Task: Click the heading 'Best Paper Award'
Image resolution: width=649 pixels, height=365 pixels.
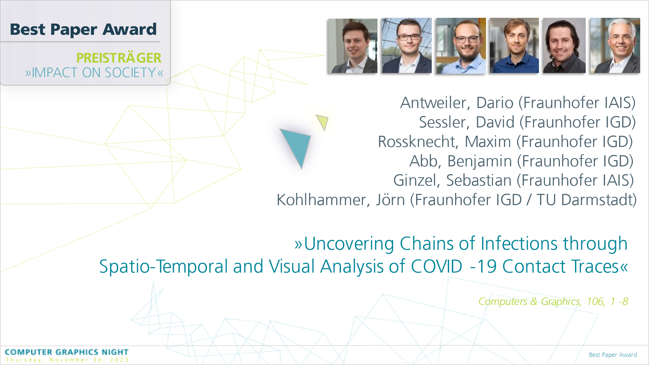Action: (x=83, y=30)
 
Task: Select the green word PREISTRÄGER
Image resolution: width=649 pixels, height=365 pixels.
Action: (x=119, y=57)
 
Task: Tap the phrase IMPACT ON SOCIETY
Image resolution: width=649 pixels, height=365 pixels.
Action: (x=94, y=72)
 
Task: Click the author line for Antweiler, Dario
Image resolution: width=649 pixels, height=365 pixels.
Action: (x=518, y=103)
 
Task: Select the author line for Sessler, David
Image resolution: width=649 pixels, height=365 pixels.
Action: (x=527, y=122)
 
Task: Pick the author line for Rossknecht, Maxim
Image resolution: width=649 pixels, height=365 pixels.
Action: (x=505, y=142)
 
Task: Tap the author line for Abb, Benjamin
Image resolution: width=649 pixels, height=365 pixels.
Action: (x=521, y=161)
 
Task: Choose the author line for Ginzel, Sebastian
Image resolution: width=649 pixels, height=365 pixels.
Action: (x=513, y=180)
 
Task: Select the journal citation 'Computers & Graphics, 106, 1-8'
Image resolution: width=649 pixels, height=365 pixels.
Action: (x=553, y=301)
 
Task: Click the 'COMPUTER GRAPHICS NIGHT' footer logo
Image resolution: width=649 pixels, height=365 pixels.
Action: (x=67, y=352)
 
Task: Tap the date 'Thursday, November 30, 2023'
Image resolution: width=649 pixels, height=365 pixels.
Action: (x=67, y=360)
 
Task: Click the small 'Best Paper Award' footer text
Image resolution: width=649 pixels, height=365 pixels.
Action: (x=613, y=355)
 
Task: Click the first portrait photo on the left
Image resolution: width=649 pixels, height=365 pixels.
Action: (x=353, y=46)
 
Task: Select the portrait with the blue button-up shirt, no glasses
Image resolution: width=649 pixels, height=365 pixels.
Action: (x=514, y=45)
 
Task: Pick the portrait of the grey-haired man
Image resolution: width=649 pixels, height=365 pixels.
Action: (x=615, y=45)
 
